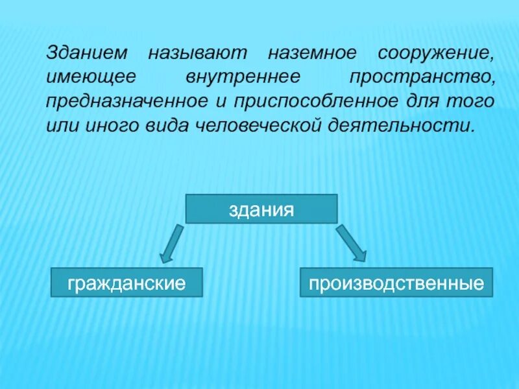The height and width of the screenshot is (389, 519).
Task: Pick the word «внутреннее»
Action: [x=243, y=77]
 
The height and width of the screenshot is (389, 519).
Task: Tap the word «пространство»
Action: [x=422, y=77]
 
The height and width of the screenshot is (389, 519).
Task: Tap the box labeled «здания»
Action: [x=261, y=209]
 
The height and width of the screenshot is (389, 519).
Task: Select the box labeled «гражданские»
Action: [x=127, y=283]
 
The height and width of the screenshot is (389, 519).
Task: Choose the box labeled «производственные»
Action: [x=396, y=283]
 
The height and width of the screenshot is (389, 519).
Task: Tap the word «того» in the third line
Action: [x=474, y=102]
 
